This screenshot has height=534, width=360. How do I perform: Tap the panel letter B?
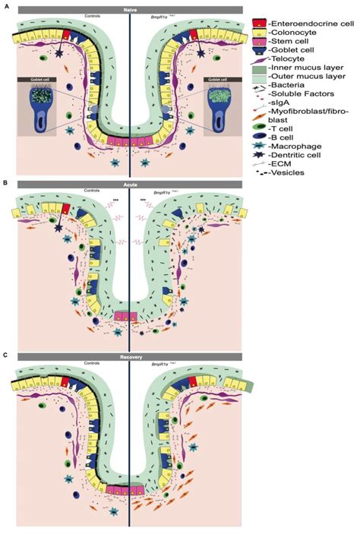pos(6,183)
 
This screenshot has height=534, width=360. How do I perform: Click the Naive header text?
pos(130,10)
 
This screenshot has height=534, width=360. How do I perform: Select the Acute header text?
pos(130,184)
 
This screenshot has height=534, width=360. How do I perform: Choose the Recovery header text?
pos(130,355)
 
